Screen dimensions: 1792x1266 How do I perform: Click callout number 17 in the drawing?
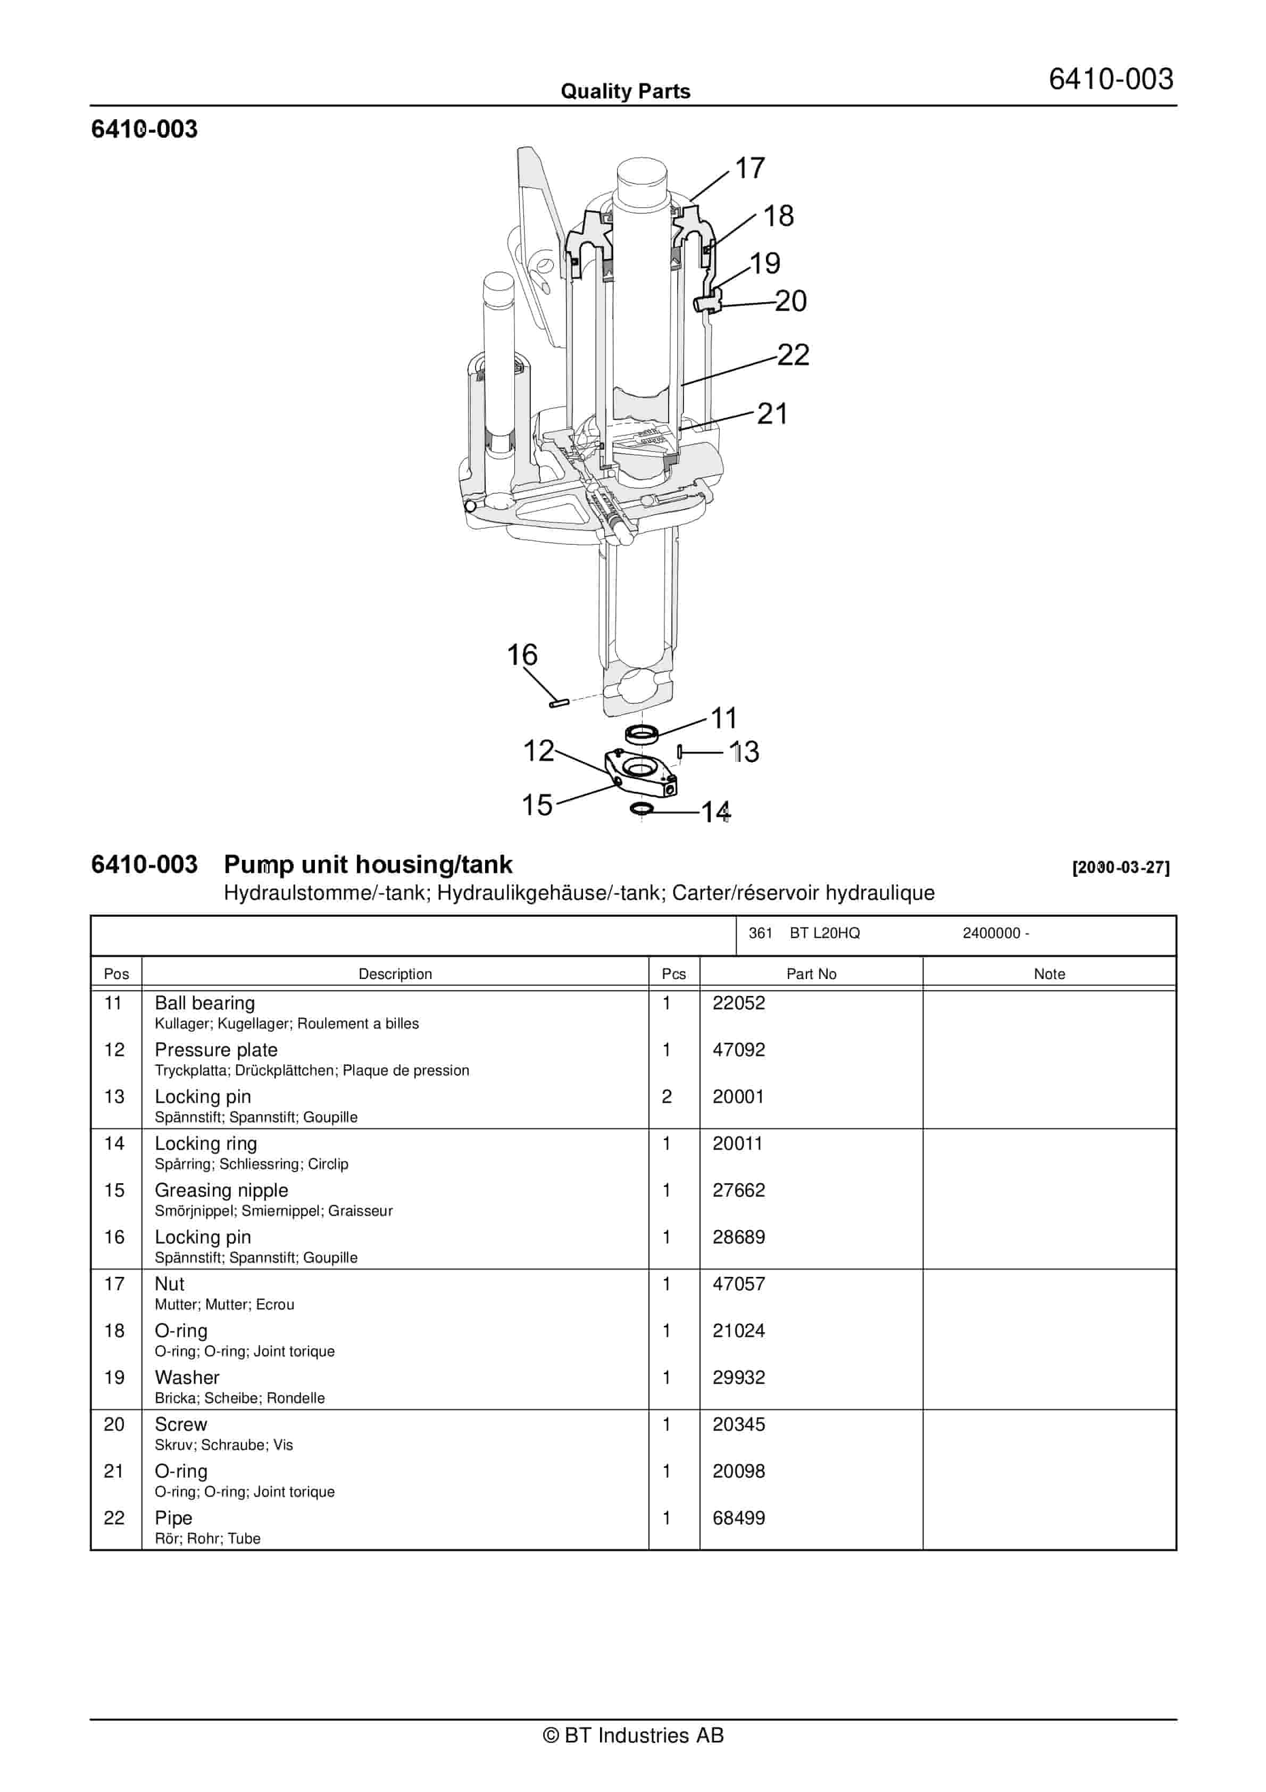tap(749, 169)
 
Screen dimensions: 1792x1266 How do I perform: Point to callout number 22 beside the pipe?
tap(793, 355)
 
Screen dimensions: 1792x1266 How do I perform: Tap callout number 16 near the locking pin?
tap(522, 655)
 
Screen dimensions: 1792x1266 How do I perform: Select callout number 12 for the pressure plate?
tap(538, 751)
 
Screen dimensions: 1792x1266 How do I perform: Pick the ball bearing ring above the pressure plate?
tap(642, 734)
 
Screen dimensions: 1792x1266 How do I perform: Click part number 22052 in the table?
tap(738, 1003)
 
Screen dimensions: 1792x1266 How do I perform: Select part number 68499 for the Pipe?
tap(738, 1518)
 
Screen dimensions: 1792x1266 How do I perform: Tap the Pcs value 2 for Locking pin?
tap(667, 1097)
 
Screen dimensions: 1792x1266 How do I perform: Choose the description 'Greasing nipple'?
tap(221, 1190)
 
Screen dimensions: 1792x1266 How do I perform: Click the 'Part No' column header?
tap(811, 974)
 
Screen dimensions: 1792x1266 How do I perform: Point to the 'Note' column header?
tap(1049, 974)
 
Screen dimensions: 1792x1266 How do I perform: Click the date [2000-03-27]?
tap(1121, 867)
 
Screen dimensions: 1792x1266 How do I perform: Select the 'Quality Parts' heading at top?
tap(625, 92)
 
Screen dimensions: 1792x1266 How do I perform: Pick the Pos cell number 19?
tap(114, 1378)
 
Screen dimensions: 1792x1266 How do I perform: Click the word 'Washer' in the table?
tap(187, 1378)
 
